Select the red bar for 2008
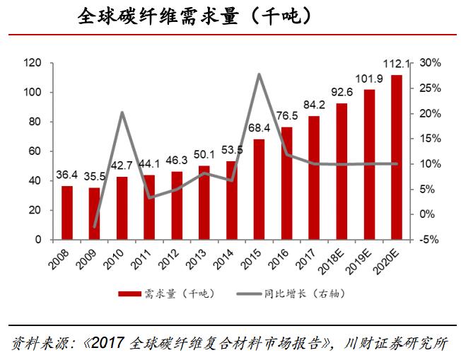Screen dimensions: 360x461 pos(67,212)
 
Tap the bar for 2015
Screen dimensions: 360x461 pos(259,189)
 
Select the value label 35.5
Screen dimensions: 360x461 pos(95,176)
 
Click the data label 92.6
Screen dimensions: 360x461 pos(342,92)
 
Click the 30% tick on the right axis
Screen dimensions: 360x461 pos(429,64)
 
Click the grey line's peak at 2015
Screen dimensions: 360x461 pos(259,74)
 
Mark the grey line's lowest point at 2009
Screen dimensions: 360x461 pos(95,227)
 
